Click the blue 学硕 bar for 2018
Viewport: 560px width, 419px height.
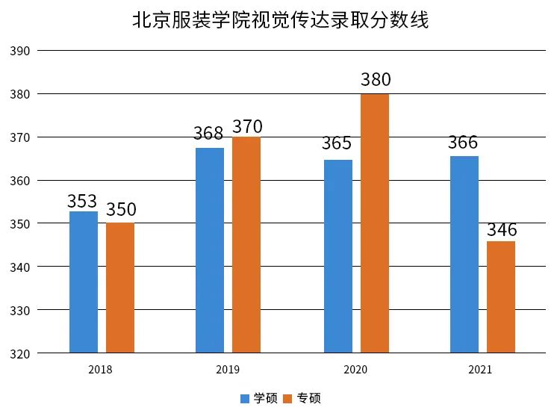(x=84, y=282)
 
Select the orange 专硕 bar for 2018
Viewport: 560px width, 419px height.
(x=120, y=288)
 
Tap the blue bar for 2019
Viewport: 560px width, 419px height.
(x=210, y=250)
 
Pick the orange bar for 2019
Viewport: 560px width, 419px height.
(x=246, y=245)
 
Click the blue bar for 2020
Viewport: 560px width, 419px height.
(x=338, y=256)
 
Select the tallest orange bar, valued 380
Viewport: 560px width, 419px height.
(x=375, y=223)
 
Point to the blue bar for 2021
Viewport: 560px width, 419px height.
(x=464, y=255)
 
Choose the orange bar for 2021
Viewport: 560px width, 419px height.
(x=501, y=297)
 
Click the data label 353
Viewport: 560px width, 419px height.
(x=82, y=201)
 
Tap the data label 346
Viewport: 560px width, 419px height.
(x=503, y=230)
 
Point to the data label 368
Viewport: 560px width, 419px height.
(x=208, y=133)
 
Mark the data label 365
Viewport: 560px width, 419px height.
(x=337, y=143)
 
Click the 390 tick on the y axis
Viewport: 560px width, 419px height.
(x=20, y=51)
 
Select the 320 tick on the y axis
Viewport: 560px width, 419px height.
(x=20, y=354)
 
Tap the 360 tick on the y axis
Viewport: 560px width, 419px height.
(x=20, y=181)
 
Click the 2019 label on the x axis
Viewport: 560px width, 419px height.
(x=228, y=370)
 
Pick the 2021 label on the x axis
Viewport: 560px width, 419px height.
(x=480, y=370)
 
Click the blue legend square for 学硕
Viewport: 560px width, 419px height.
(x=245, y=399)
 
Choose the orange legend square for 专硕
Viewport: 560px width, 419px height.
(x=287, y=399)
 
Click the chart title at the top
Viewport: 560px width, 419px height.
(x=280, y=19)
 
